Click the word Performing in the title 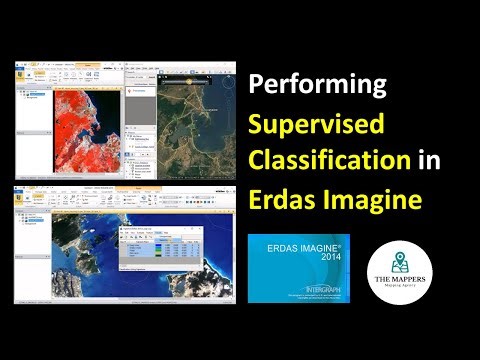316,85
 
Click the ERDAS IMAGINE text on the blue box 300,246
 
